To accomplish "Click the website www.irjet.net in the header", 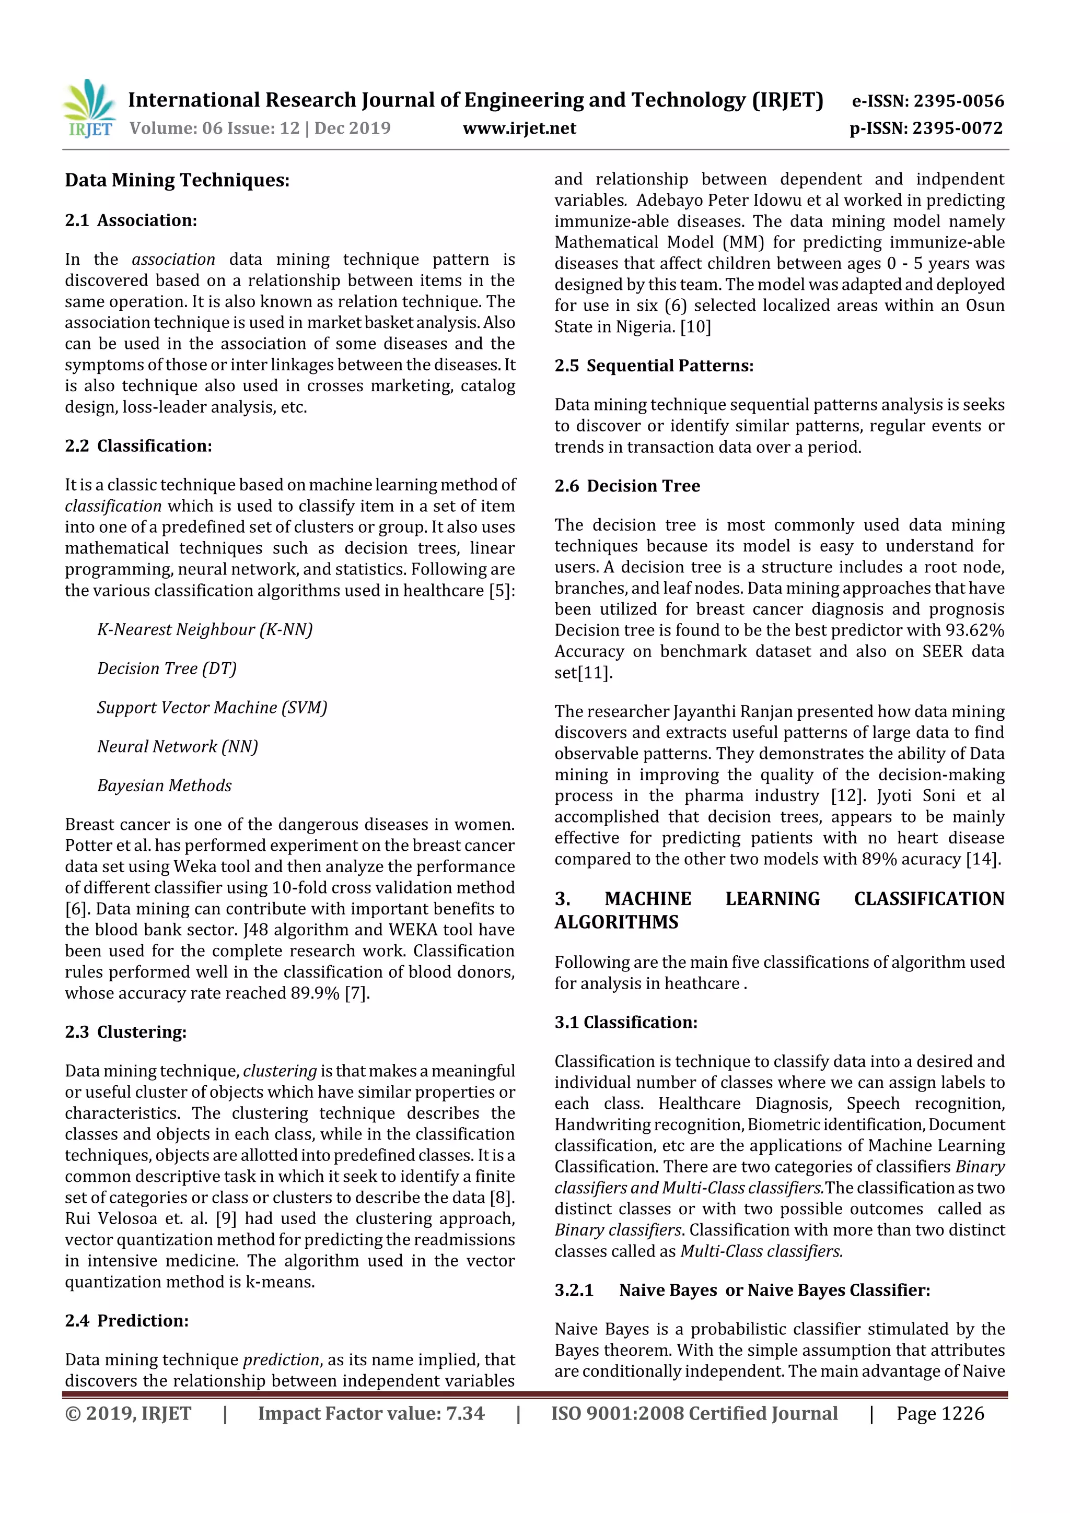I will (519, 128).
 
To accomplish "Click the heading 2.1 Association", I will (131, 220).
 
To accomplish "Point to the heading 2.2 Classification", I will (138, 445).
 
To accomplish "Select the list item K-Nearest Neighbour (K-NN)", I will (204, 629).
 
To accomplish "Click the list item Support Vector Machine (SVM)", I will (212, 707).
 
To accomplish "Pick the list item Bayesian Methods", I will (164, 785).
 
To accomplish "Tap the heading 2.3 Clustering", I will (125, 1031).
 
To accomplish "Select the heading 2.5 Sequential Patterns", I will (654, 366).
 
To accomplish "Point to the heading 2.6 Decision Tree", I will (627, 486).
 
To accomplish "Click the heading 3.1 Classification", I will (626, 1022).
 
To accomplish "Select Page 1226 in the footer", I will (939, 1413).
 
